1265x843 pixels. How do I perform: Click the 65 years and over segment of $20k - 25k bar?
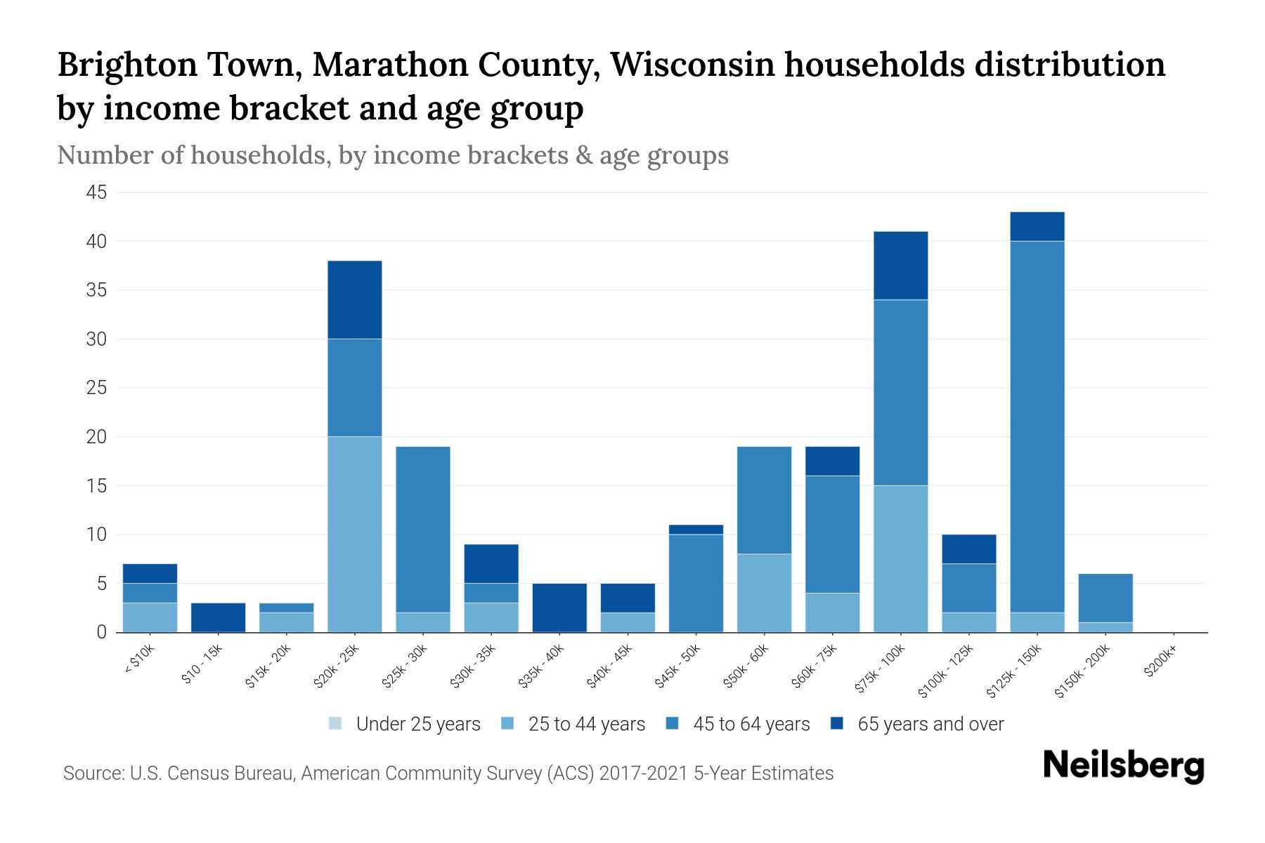tap(355, 300)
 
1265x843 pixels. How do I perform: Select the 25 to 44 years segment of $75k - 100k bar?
tap(900, 558)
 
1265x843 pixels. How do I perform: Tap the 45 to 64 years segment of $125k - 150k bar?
tap(1037, 426)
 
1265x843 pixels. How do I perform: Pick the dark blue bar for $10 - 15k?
tap(219, 617)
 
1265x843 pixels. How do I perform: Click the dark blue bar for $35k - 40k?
tap(559, 608)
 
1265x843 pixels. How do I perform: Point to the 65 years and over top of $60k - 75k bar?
tap(832, 461)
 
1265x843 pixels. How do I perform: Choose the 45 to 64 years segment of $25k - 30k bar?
tap(423, 529)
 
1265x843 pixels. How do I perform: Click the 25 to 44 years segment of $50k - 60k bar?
tap(764, 593)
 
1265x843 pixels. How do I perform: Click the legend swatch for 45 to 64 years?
tap(673, 724)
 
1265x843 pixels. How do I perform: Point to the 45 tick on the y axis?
tap(96, 192)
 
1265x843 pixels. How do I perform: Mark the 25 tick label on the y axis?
tap(96, 388)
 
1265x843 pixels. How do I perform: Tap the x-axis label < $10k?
tap(140, 660)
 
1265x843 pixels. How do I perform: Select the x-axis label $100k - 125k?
tap(947, 671)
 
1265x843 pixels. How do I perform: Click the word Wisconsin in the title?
tap(692, 65)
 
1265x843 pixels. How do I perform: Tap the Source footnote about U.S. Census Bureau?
tap(448, 773)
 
